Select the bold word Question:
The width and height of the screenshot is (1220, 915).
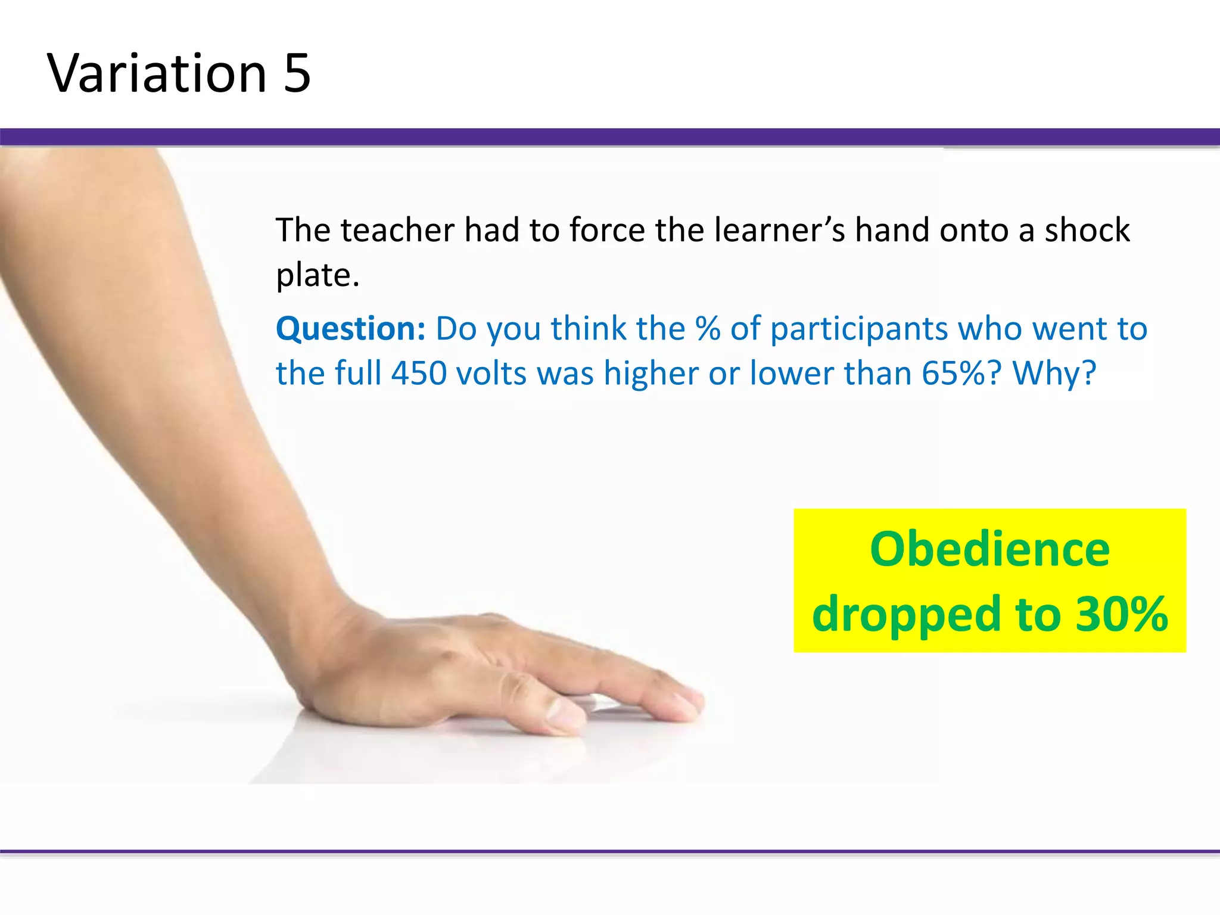pyautogui.click(x=350, y=329)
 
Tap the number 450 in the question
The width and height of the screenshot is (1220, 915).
pyautogui.click(x=419, y=374)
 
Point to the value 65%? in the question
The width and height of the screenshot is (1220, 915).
pyautogui.click(x=961, y=374)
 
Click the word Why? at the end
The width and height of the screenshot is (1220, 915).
pyautogui.click(x=1054, y=374)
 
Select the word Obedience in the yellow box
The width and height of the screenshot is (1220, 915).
pyautogui.click(x=989, y=549)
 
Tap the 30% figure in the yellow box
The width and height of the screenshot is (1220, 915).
pyautogui.click(x=1121, y=614)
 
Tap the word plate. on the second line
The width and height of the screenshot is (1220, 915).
pyautogui.click(x=318, y=275)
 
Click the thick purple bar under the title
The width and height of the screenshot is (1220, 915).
pyautogui.click(x=610, y=137)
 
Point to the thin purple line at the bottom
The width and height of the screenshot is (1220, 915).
pyautogui.click(x=610, y=852)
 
